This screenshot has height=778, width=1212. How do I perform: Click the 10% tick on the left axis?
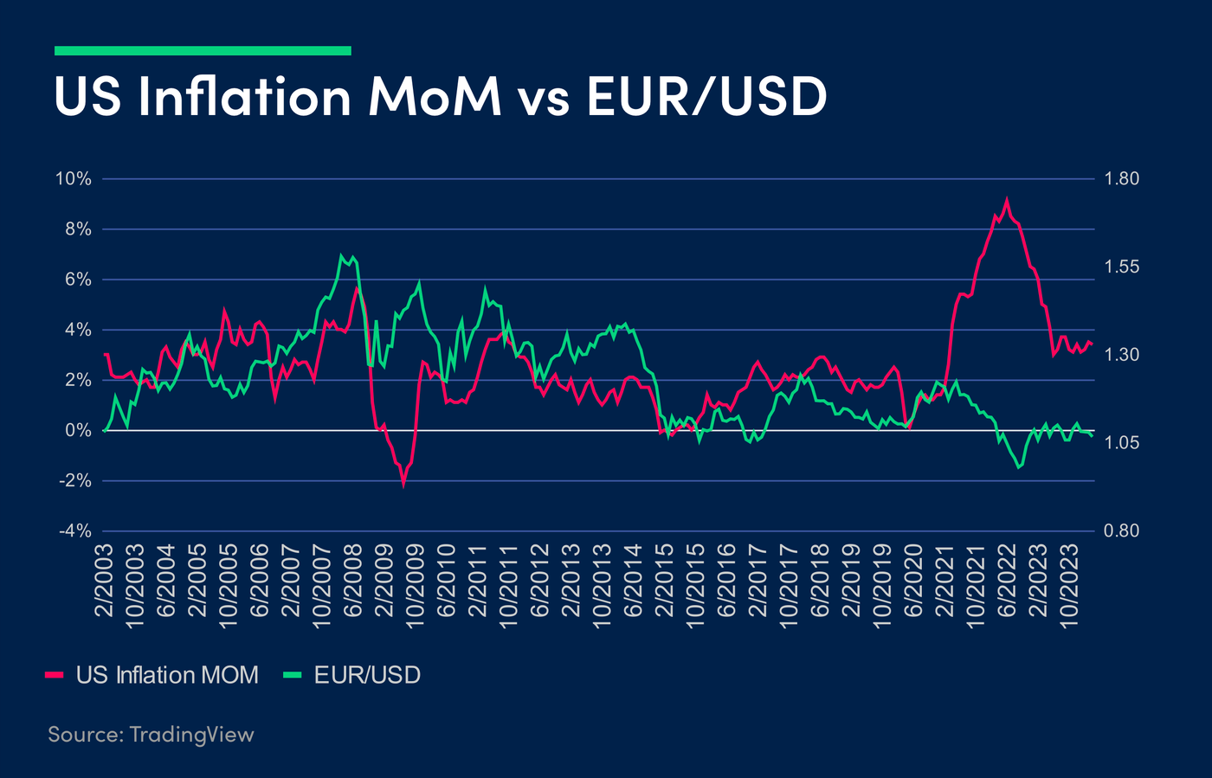(x=74, y=179)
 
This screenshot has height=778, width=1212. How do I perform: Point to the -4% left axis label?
(x=74, y=530)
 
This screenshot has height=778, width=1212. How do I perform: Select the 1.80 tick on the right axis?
(x=1122, y=179)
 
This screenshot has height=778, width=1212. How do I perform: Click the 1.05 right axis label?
(x=1122, y=443)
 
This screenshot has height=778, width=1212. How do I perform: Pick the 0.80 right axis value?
(x=1122, y=530)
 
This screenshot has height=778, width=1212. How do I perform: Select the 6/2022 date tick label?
(x=1007, y=581)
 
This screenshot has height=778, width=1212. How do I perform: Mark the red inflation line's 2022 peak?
(x=1006, y=201)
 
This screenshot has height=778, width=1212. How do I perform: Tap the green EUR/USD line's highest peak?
(x=342, y=256)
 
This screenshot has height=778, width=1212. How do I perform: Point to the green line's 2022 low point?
(x=1018, y=467)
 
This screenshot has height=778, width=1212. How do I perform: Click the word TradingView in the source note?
(x=191, y=735)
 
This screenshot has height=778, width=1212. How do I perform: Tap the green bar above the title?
(x=203, y=51)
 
